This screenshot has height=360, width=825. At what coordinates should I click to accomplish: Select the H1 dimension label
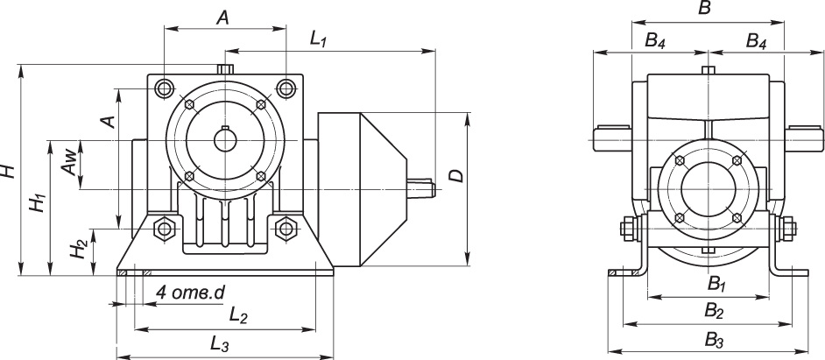tap(38, 202)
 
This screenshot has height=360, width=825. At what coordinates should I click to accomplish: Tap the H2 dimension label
tap(79, 249)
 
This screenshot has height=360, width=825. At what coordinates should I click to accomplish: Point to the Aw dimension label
tap(67, 165)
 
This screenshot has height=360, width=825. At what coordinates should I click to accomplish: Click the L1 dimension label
tap(319, 39)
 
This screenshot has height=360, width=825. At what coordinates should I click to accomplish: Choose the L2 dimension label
tap(238, 314)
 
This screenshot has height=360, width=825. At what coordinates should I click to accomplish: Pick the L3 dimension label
tap(220, 343)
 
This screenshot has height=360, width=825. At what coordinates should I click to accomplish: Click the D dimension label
tap(458, 176)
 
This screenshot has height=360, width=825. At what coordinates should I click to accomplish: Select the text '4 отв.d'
tap(190, 293)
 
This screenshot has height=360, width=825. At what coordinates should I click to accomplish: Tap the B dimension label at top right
tap(704, 9)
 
